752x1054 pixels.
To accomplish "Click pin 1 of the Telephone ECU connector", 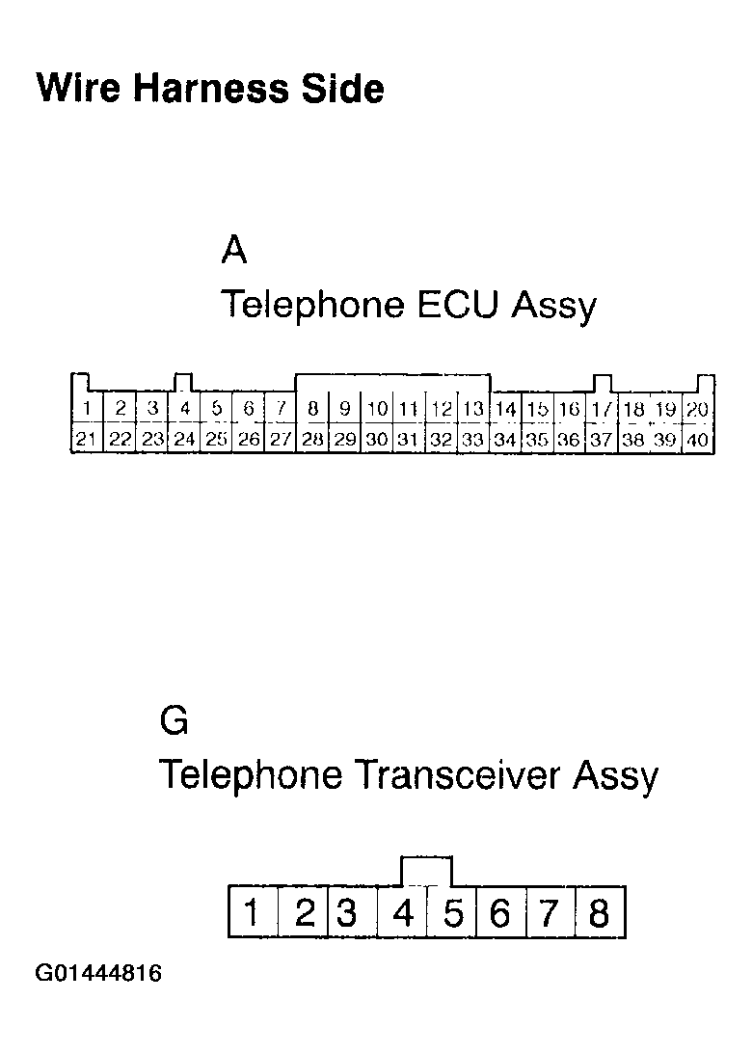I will pos(87,409).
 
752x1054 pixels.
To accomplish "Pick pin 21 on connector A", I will pos(87,440).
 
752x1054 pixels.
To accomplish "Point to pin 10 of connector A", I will pos(377,409).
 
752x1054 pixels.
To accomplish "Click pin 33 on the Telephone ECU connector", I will pos(472,440).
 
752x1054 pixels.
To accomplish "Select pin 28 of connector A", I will pos(312,440).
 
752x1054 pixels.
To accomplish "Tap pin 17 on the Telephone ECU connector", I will pos(602,409).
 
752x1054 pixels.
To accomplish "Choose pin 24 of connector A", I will pos(184,440).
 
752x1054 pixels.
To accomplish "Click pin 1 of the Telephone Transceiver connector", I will pos(252,911).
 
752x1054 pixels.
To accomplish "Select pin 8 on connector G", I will pos(599,911).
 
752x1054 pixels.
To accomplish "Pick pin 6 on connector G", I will pos(499,911).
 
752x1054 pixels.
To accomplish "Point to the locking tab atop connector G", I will pos(425,869).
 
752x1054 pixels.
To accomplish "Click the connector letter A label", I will pos(234,251).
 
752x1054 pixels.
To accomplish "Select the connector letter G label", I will pos(175,721).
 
